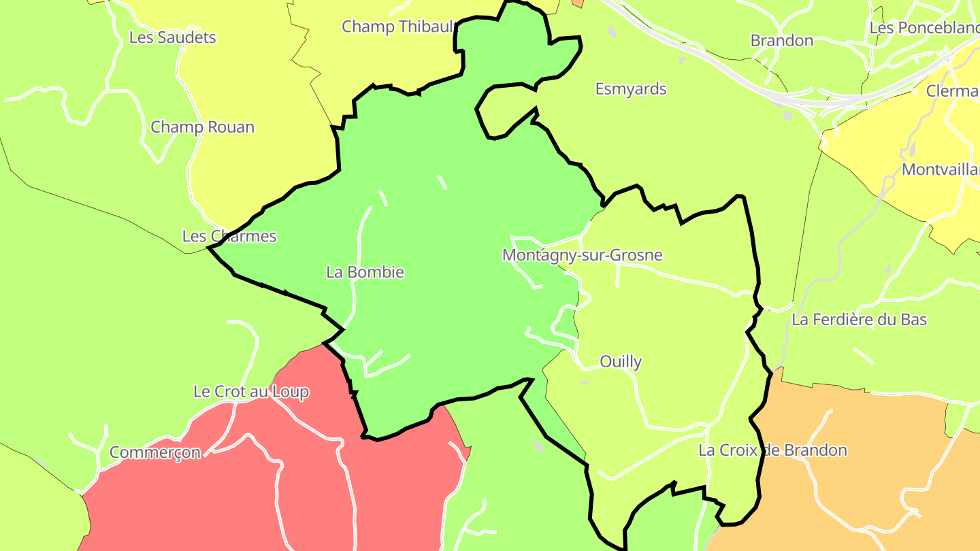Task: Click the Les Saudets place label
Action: [x=172, y=37]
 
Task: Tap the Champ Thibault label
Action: [x=400, y=27]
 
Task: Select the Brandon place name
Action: [x=781, y=40]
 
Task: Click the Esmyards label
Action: [x=630, y=89]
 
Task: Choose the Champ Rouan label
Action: [x=202, y=127]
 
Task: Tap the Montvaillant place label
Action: [x=941, y=169]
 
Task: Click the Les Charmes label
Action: [x=229, y=236]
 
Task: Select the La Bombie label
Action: [x=365, y=272]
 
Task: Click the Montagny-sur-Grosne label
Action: [x=582, y=255]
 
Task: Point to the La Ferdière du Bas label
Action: [x=859, y=320]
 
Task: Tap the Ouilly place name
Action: [x=620, y=361]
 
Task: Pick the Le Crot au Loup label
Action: [x=251, y=392]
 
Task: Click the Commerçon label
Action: [x=155, y=452]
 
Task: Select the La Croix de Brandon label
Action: [x=772, y=450]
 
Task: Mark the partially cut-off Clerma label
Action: [x=953, y=90]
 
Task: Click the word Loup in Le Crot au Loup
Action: [x=291, y=392]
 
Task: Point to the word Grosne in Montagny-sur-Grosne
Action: [x=637, y=255]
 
